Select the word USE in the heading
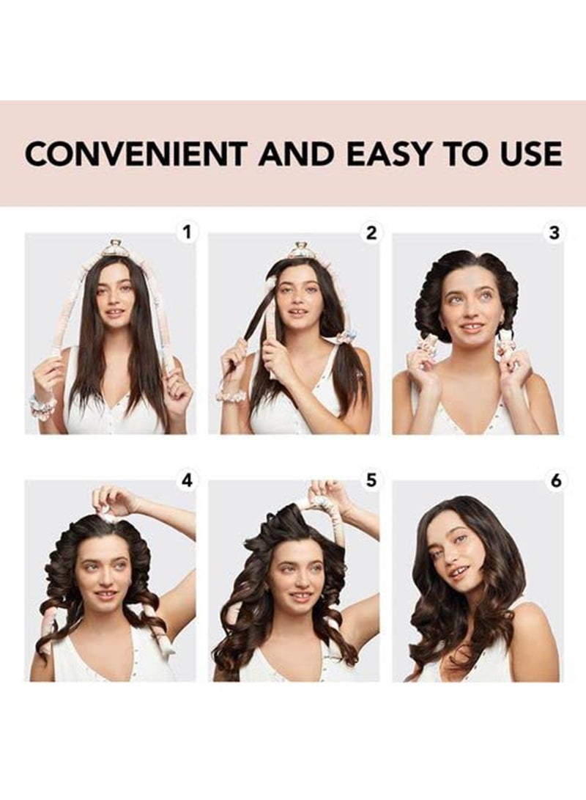pos(531,154)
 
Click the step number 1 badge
pos(188,233)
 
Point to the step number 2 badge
pos(371,233)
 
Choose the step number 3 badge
pos(555,233)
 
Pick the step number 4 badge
pos(188,482)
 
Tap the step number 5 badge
pos(371,482)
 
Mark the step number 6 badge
pos(555,482)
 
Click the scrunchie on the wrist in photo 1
pos(43,405)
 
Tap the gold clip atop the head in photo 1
pos(116,248)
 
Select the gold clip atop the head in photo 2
pos(300,250)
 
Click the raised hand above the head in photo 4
pos(114,500)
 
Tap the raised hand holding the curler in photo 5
pos(327,493)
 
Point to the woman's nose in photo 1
pos(114,300)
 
